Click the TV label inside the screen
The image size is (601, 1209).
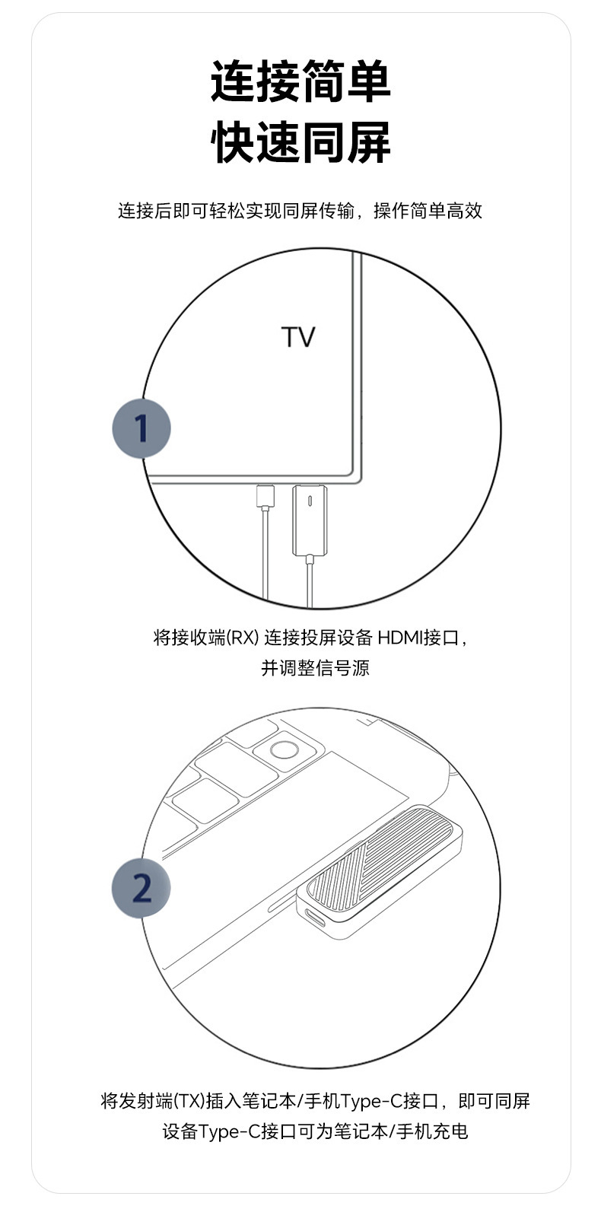pyautogui.click(x=298, y=337)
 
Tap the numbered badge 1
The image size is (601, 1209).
pyautogui.click(x=142, y=428)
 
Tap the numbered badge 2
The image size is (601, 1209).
pyautogui.click(x=142, y=888)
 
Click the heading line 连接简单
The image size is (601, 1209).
pyautogui.click(x=300, y=83)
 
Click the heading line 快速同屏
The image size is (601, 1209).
pyautogui.click(x=300, y=142)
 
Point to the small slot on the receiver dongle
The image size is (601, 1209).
pyautogui.click(x=310, y=502)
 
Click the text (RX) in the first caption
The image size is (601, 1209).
pyautogui.click(x=243, y=638)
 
